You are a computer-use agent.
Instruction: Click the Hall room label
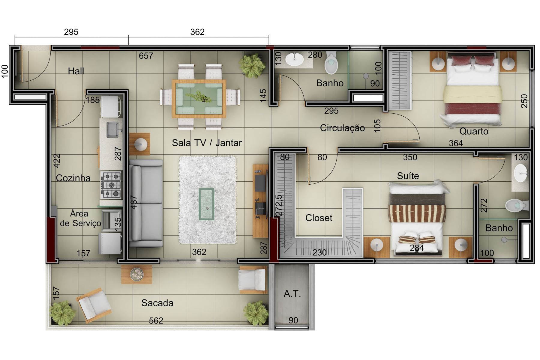[x=76, y=71]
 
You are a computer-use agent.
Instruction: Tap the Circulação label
[x=342, y=128]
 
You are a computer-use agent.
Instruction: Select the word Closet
[x=319, y=218]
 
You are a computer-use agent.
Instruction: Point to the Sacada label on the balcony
[x=157, y=303]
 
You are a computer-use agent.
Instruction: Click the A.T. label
[x=292, y=293]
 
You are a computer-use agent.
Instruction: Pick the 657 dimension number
[x=146, y=56]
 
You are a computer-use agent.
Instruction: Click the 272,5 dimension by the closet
[x=279, y=206]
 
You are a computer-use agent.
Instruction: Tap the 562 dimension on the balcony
[x=156, y=321]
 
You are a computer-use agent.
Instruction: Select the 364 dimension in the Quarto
[x=456, y=143]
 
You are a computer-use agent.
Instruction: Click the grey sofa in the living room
[x=146, y=203]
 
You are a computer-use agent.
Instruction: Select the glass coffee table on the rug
[x=206, y=204]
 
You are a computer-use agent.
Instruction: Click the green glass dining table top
[x=199, y=99]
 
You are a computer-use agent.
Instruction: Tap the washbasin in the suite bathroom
[x=520, y=173]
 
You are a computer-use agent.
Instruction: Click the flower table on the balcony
[x=137, y=274]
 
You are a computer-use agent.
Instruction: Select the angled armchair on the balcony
[x=93, y=306]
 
